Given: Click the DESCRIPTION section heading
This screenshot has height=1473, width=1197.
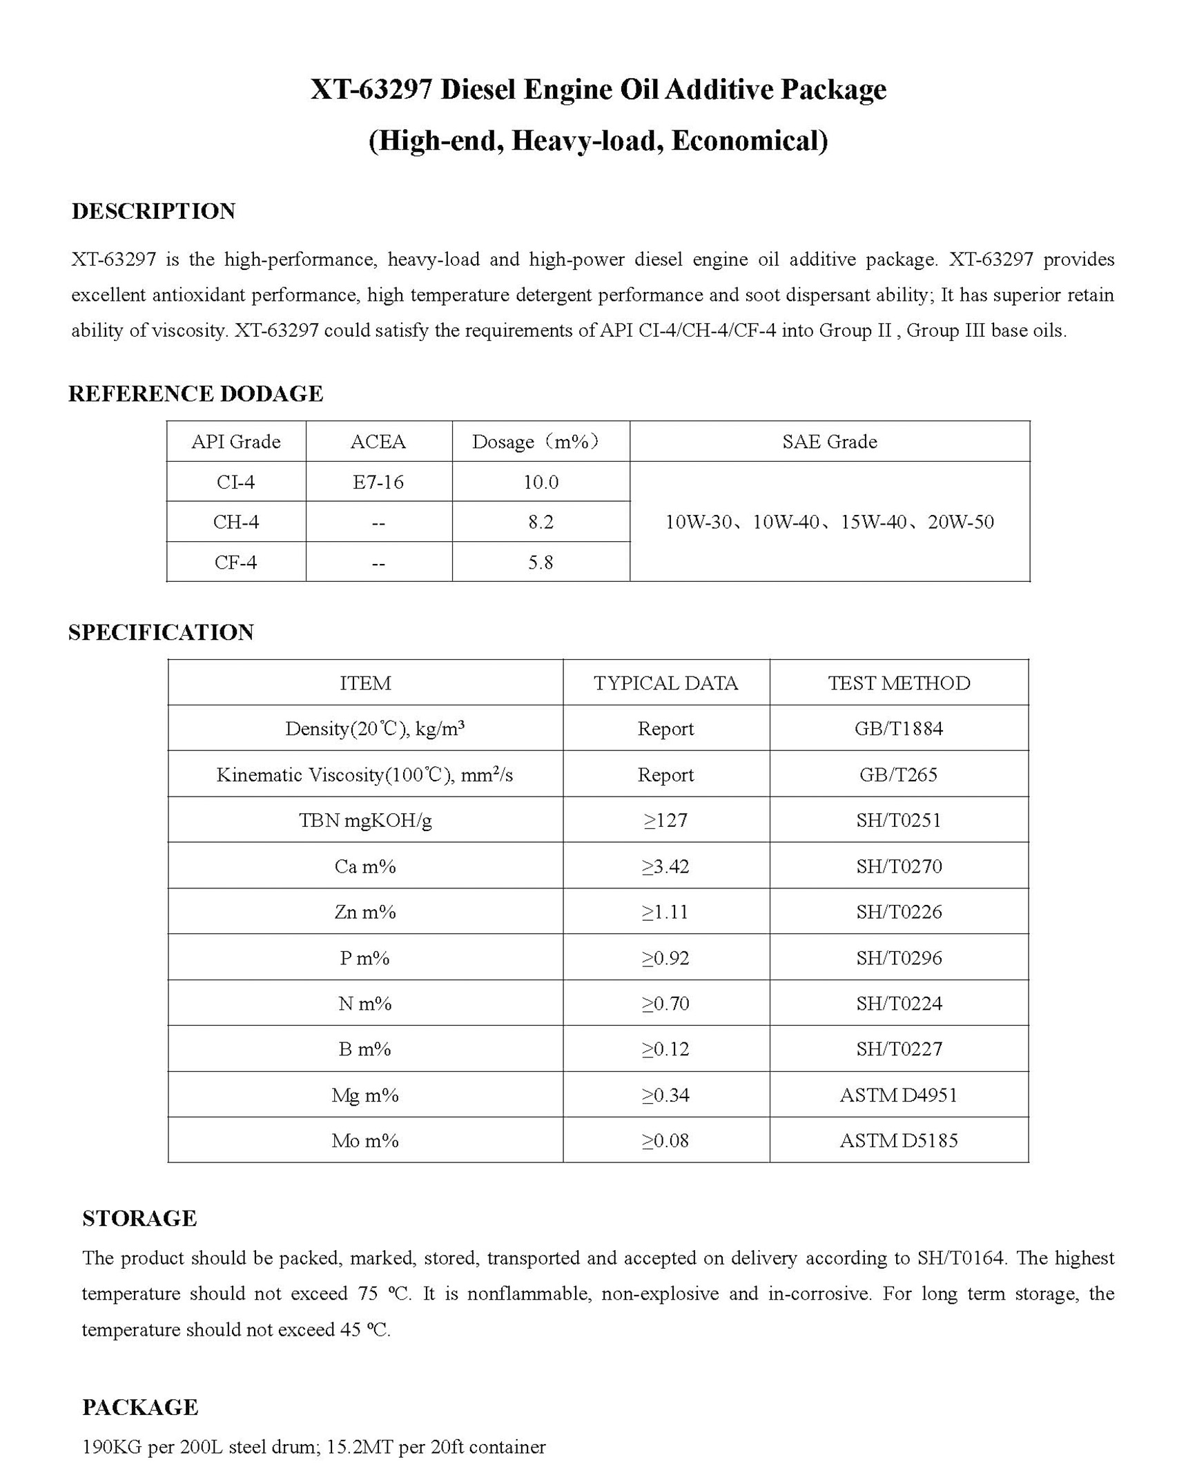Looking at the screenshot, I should point(153,211).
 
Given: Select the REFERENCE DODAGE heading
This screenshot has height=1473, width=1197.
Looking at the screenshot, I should point(195,393).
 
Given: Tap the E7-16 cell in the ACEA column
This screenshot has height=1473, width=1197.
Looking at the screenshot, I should point(378,482).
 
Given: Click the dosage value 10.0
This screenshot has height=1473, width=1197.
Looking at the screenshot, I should point(541,482).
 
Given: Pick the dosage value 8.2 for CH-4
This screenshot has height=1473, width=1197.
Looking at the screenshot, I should point(541,522).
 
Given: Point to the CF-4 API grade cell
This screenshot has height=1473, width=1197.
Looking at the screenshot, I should point(235,562).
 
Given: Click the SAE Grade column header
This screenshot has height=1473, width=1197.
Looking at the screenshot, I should point(829,442).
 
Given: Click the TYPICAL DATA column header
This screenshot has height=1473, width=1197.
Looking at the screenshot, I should point(665,683).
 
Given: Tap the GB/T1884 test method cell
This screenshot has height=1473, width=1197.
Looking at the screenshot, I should point(898,728).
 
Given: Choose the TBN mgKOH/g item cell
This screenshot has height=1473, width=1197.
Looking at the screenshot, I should point(365,820).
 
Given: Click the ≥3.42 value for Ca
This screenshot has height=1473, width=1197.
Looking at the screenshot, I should point(665,866).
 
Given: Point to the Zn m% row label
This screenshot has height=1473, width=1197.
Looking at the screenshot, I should point(365,912).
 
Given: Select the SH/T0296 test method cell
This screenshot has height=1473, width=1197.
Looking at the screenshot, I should point(898,957).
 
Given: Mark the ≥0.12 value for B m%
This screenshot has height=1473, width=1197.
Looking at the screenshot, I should point(665,1049).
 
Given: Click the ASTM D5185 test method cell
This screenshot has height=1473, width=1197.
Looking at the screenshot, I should point(898,1140).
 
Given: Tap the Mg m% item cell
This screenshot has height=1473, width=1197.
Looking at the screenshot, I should point(365,1095).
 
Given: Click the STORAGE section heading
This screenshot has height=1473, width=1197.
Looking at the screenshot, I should point(139,1218).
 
